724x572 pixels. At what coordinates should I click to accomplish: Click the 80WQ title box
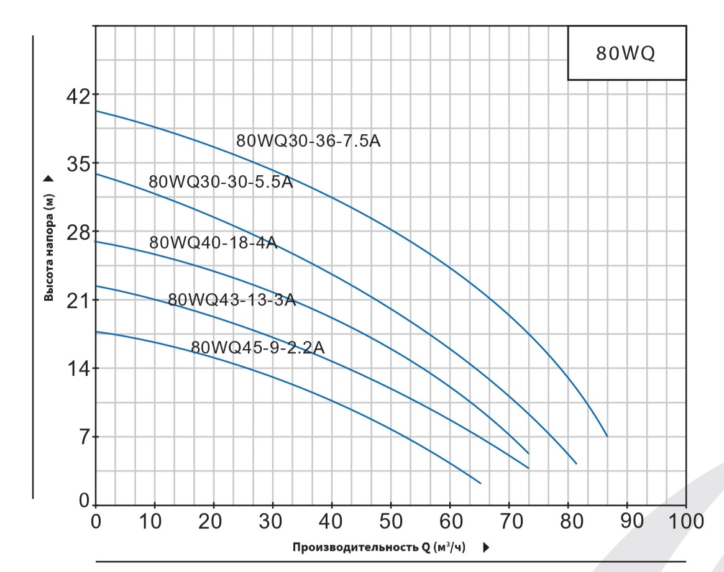(x=626, y=53)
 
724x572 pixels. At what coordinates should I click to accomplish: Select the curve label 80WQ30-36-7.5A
(x=308, y=141)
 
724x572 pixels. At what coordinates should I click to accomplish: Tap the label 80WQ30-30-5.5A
(x=221, y=182)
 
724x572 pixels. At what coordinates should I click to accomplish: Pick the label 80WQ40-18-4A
(x=213, y=243)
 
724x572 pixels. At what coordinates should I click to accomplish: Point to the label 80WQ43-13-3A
(x=232, y=301)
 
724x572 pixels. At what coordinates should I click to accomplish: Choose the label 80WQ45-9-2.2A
(x=257, y=348)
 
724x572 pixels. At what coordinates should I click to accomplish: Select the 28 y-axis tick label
(x=79, y=232)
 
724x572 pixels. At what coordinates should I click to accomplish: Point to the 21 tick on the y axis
(x=79, y=300)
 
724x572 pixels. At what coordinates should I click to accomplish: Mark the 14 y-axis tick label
(x=79, y=368)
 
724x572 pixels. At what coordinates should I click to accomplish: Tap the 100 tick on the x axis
(x=685, y=520)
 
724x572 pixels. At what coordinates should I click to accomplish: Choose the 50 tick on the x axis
(x=391, y=520)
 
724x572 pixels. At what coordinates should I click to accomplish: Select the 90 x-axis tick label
(x=627, y=520)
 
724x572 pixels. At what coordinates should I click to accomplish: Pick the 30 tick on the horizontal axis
(x=273, y=520)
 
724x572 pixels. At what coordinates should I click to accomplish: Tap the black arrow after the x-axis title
(x=487, y=547)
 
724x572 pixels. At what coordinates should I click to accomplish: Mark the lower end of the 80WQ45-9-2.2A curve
(x=480, y=483)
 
